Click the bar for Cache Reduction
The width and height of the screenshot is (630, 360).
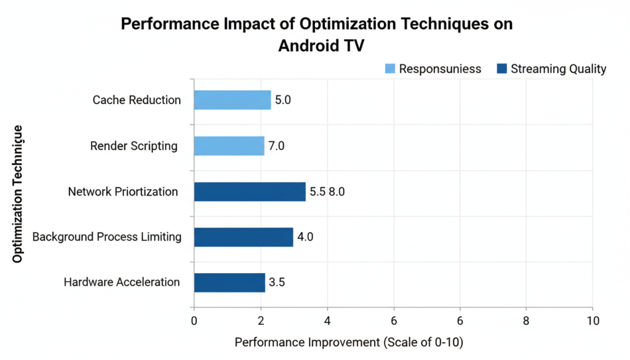tap(232, 100)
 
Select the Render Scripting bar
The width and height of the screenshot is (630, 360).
tap(229, 146)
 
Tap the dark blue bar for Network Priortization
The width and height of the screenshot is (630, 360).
tap(249, 191)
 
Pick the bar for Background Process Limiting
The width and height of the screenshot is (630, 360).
tap(243, 237)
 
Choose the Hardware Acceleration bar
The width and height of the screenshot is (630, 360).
tap(229, 282)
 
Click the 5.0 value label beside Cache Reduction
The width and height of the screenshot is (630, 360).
tap(283, 100)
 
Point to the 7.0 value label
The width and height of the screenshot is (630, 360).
tap(276, 146)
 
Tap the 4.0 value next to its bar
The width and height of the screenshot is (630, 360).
tap(305, 237)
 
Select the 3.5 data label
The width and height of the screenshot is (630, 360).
tap(277, 282)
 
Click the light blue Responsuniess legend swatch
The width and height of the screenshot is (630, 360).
tap(389, 68)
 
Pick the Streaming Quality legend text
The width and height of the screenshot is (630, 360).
tap(558, 68)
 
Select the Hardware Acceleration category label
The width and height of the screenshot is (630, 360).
tap(122, 282)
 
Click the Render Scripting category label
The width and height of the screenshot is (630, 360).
tap(134, 146)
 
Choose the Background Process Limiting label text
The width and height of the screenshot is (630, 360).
tap(107, 237)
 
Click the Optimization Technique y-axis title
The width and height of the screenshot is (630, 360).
tap(18, 194)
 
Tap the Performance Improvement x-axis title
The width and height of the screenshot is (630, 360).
tap(349, 343)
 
